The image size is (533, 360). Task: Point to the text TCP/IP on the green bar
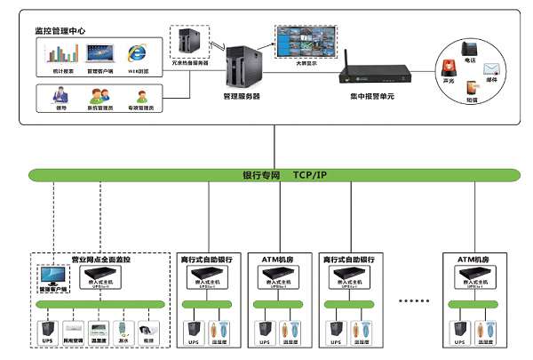coord(311,174)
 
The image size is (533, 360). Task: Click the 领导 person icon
coord(60,94)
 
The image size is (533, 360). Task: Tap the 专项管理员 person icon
coord(141,94)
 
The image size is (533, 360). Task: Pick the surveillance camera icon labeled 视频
coord(147,328)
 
